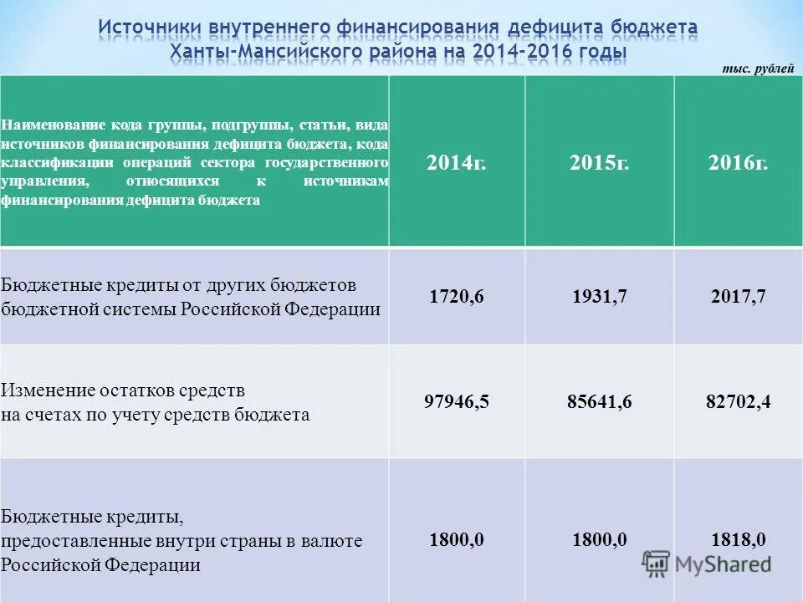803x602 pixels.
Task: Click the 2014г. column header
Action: (x=456, y=163)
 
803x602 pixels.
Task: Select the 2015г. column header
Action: (x=599, y=163)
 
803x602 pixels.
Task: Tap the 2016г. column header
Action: (x=738, y=163)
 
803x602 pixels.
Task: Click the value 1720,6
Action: (x=456, y=296)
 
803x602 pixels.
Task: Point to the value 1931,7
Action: (x=599, y=296)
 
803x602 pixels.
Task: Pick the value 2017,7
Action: (x=738, y=296)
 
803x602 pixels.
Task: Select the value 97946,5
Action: (x=456, y=402)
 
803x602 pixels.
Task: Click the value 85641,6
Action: (x=599, y=402)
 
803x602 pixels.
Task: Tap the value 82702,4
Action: (x=738, y=402)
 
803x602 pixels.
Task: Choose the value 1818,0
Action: (x=738, y=539)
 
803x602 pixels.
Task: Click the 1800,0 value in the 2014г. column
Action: (x=456, y=539)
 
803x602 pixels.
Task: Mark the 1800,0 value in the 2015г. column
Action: (x=599, y=539)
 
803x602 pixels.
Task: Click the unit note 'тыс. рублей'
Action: (x=758, y=69)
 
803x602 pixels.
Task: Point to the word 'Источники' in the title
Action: (x=148, y=28)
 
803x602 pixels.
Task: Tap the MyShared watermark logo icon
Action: (x=657, y=564)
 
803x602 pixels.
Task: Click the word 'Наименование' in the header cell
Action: (x=50, y=125)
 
